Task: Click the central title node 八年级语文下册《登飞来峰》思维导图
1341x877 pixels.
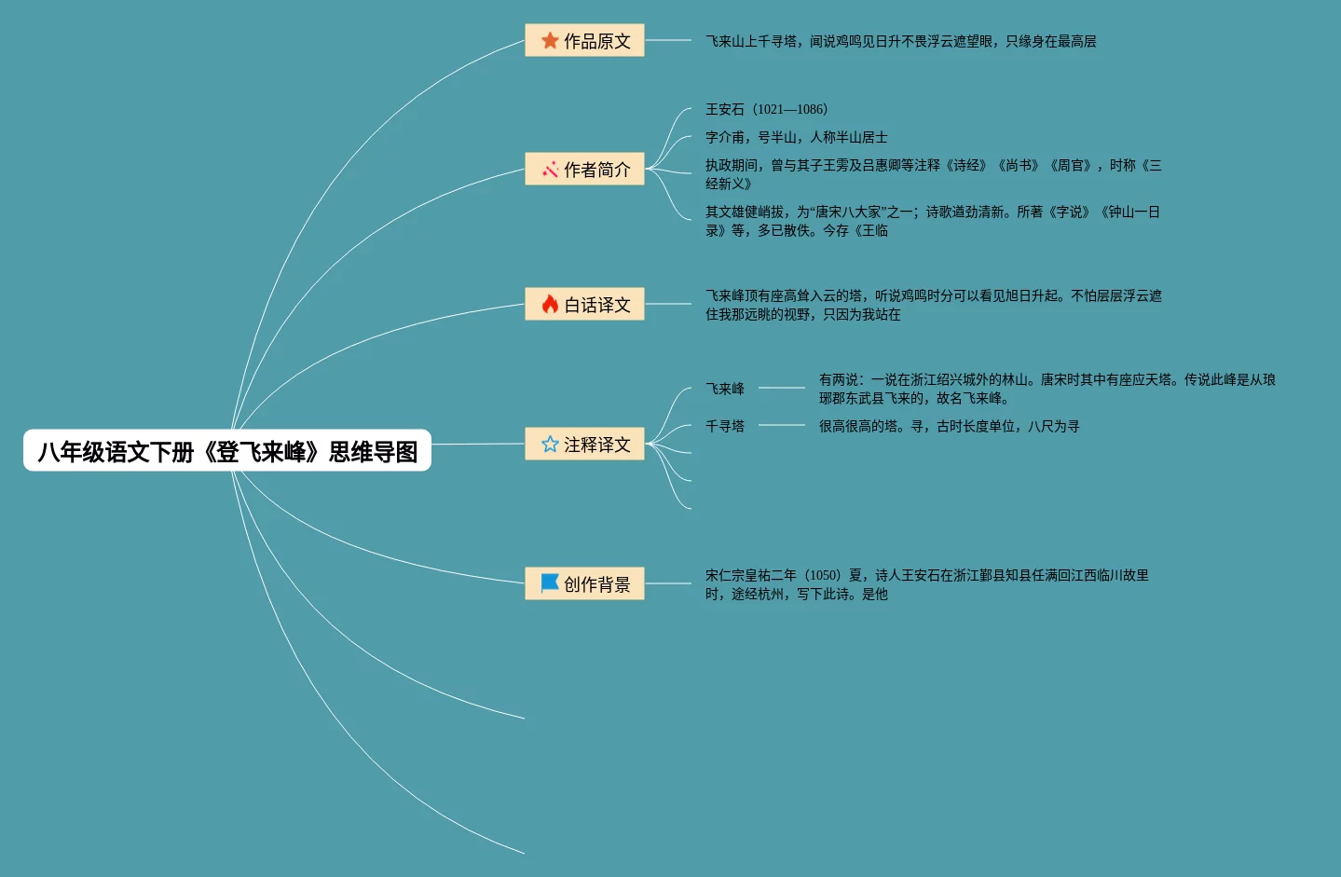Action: (x=227, y=451)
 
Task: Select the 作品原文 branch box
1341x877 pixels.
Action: (x=584, y=41)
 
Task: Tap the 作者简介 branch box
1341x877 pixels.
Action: (x=584, y=170)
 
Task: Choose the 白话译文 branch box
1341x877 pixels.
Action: (x=584, y=305)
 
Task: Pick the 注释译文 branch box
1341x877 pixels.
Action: (x=584, y=445)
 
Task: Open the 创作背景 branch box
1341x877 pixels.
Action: (x=584, y=584)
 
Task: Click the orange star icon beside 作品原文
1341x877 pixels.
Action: (x=550, y=41)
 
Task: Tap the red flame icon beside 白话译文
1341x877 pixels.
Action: (x=550, y=305)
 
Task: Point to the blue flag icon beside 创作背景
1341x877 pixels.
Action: (x=550, y=583)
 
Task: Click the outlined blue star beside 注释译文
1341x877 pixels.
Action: (x=550, y=445)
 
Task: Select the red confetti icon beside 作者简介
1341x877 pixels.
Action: (x=550, y=170)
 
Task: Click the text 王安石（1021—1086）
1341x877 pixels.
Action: (x=766, y=109)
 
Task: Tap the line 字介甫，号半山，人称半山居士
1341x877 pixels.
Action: (x=796, y=137)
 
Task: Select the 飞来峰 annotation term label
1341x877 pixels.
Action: (x=725, y=389)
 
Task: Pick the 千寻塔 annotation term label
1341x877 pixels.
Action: (x=725, y=426)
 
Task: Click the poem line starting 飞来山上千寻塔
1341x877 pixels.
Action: (x=900, y=41)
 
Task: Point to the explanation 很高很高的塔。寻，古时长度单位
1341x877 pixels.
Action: (x=949, y=426)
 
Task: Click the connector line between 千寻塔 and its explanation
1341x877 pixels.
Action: (x=781, y=425)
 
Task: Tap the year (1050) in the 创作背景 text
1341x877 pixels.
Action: (x=822, y=575)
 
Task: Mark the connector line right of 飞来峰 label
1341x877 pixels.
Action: (x=781, y=388)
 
